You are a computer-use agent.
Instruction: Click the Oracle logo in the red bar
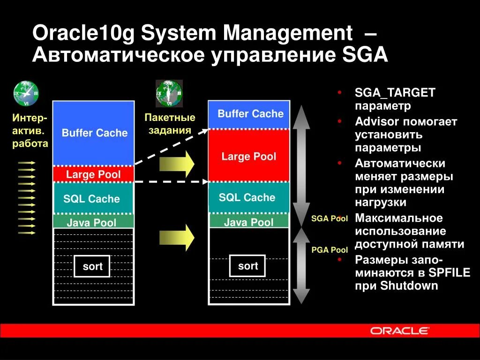399,330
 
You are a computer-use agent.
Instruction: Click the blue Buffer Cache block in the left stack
93,133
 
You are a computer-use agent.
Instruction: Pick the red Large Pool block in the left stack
93,174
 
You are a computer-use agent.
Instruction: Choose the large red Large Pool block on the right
248,156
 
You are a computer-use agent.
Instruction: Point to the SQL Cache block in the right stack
248,197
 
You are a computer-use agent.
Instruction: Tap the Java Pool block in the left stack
93,222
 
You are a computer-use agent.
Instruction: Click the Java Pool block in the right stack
248,221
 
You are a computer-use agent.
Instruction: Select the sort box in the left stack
92,267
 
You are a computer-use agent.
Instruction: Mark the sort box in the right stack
248,266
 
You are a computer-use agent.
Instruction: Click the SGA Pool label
330,219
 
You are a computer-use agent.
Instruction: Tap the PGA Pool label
330,250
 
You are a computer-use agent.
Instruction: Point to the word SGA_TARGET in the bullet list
395,93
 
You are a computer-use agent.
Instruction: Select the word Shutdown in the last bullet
409,286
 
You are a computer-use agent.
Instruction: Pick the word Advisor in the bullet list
377,122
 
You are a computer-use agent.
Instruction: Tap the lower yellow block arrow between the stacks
177,238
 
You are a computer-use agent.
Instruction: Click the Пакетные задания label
170,123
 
